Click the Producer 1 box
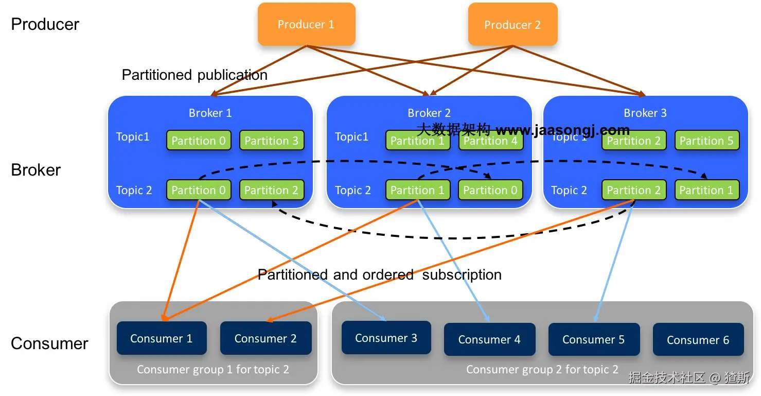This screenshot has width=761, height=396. tap(306, 24)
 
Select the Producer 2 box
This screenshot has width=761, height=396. tap(512, 24)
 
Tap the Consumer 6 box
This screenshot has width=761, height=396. tap(698, 339)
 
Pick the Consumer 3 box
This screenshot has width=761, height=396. tap(386, 338)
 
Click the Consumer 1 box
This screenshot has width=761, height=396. tap(161, 338)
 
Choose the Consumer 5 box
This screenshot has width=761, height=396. tap(593, 339)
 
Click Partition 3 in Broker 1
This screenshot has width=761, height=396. tap(271, 141)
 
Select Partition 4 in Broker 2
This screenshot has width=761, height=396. tap(490, 141)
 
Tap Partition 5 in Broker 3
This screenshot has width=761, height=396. tap(706, 141)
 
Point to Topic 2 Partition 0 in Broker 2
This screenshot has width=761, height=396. tap(490, 190)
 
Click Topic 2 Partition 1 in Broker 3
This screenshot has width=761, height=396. tap(706, 190)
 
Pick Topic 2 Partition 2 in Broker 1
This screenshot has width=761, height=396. tap(271, 190)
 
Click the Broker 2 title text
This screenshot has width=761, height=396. tap(429, 113)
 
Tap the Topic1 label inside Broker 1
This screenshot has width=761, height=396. tap(133, 136)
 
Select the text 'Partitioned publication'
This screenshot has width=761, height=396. tap(194, 75)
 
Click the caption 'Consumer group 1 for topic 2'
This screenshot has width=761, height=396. tap(213, 369)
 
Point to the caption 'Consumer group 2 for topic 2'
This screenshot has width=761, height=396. tap(542, 369)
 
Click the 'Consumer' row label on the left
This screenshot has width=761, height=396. tap(49, 343)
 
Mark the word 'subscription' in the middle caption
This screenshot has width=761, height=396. tap(462, 274)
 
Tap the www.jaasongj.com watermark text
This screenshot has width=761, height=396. tap(562, 129)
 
